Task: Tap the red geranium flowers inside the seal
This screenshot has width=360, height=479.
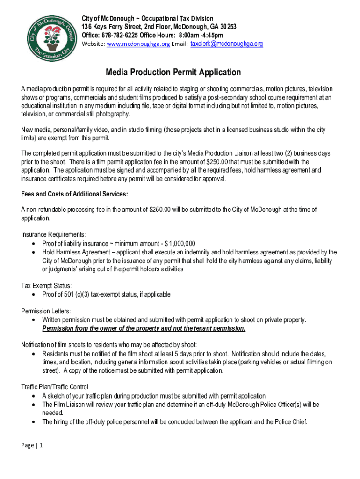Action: (50, 33)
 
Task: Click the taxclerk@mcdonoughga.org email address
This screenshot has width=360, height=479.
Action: (227, 44)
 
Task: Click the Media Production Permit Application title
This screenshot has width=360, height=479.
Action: (173, 72)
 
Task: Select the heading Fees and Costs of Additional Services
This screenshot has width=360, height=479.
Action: (74, 194)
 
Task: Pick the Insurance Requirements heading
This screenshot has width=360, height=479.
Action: (53, 234)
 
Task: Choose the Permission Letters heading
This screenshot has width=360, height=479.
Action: (46, 311)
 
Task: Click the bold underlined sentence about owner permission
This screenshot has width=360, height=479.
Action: (144, 328)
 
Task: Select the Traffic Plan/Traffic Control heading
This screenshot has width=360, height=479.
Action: (54, 387)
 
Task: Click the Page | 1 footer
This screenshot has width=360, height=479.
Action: (32, 445)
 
